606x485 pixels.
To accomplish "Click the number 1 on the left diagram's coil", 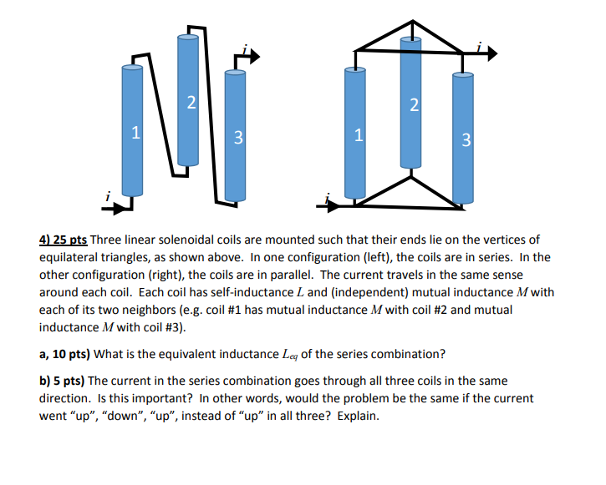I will (x=135, y=131).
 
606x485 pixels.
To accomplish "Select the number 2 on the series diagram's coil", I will (x=191, y=104).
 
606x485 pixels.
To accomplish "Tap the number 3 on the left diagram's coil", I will (x=237, y=138).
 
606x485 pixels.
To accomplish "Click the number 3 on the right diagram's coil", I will (x=466, y=139).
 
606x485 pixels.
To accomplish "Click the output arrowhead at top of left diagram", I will (x=252, y=57).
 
